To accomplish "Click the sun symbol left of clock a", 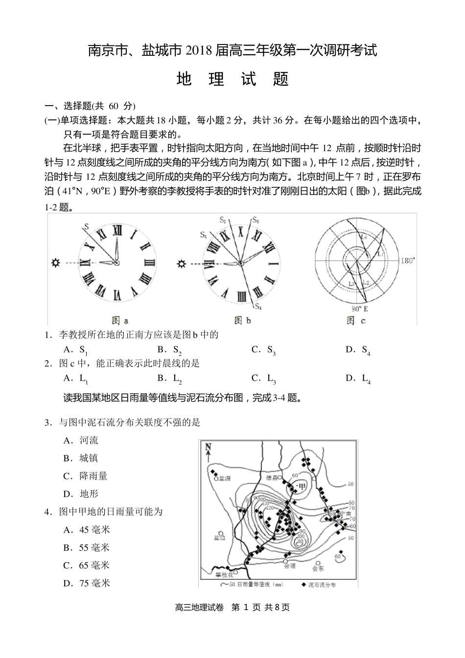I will [55, 263].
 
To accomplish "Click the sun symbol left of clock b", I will [182, 264].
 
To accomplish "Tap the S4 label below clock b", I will [258, 307].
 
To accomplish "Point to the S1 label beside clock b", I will [203, 235].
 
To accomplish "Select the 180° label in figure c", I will [408, 260].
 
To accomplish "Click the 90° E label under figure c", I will [360, 309].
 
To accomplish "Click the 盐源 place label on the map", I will [225, 479].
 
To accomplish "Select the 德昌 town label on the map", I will [272, 477].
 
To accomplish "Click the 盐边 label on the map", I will [220, 538].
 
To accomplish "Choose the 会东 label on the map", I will [318, 568].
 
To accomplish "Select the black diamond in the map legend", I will [304, 584].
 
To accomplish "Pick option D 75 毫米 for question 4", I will [87, 583].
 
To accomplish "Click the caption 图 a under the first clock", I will [120, 321].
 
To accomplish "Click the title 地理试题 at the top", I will [232, 79].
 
